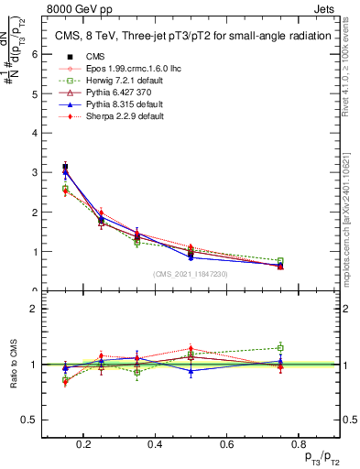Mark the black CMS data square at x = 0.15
[65, 168]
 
